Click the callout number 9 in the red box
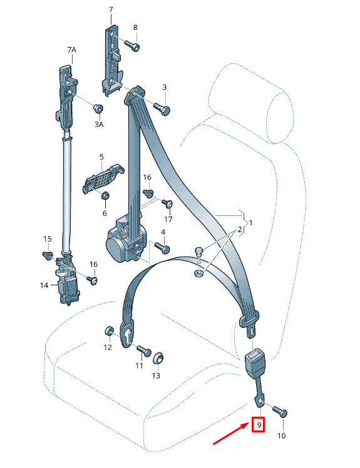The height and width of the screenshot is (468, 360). [x=259, y=424]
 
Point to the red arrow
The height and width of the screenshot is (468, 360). [x=230, y=433]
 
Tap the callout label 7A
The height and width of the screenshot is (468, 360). [x=72, y=50]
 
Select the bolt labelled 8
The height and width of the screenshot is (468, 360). [x=132, y=46]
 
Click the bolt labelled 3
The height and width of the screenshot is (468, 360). [x=162, y=109]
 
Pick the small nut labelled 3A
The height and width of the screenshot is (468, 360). [x=98, y=108]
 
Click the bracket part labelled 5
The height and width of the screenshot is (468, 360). [x=103, y=178]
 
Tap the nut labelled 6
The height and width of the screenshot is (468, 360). [x=105, y=196]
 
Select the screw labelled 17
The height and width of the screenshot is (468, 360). [x=168, y=204]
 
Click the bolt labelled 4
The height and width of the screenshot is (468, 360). [x=162, y=248]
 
